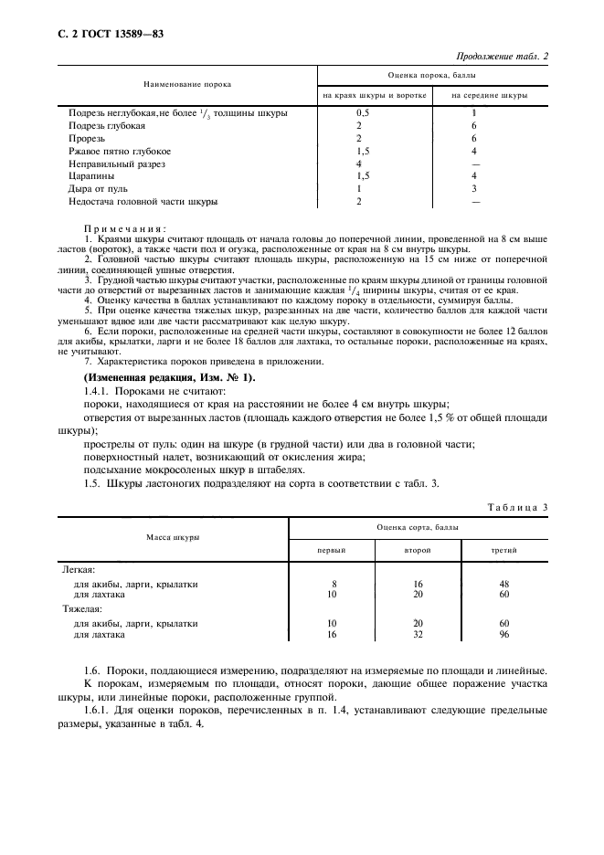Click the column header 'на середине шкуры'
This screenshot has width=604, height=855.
point(489,95)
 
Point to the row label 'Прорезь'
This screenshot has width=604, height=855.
point(89,138)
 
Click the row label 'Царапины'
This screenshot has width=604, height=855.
point(94,175)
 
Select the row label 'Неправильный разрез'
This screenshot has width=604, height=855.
point(120,163)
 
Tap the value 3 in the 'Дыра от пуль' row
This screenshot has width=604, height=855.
point(473,188)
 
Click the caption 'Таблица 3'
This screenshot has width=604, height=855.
point(517,505)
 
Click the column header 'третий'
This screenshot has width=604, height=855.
point(503,552)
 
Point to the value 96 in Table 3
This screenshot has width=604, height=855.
point(503,633)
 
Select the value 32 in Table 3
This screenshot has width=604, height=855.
point(417,633)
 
